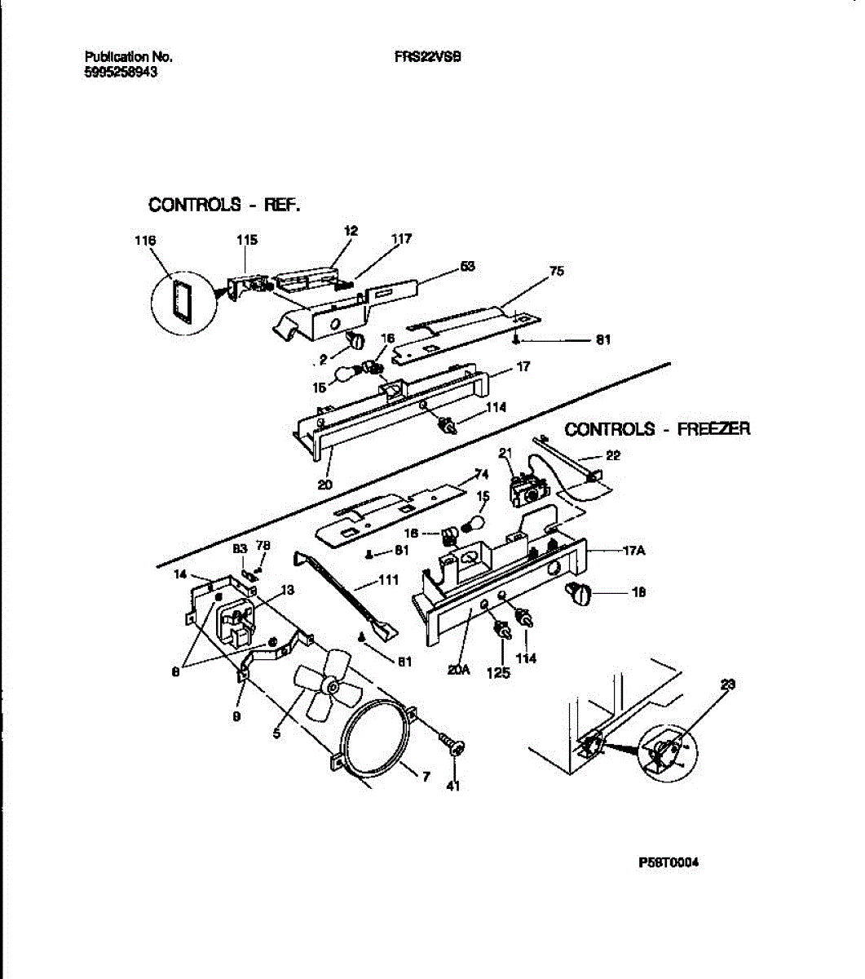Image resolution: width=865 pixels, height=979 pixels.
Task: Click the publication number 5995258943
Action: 121,72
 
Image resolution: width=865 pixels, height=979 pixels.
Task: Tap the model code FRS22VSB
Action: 427,57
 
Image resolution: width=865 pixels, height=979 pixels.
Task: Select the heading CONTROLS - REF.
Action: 224,204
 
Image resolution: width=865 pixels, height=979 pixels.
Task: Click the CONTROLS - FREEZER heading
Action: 657,429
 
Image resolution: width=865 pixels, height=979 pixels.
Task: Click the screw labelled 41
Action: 451,744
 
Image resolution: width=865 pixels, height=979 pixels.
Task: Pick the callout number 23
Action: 728,685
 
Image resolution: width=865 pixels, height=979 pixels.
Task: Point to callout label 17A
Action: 634,551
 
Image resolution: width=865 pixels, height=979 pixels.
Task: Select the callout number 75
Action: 557,272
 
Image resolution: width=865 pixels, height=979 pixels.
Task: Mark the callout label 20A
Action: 459,670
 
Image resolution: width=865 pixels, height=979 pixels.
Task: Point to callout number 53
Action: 467,266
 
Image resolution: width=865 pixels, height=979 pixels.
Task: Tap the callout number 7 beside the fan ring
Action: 426,776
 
